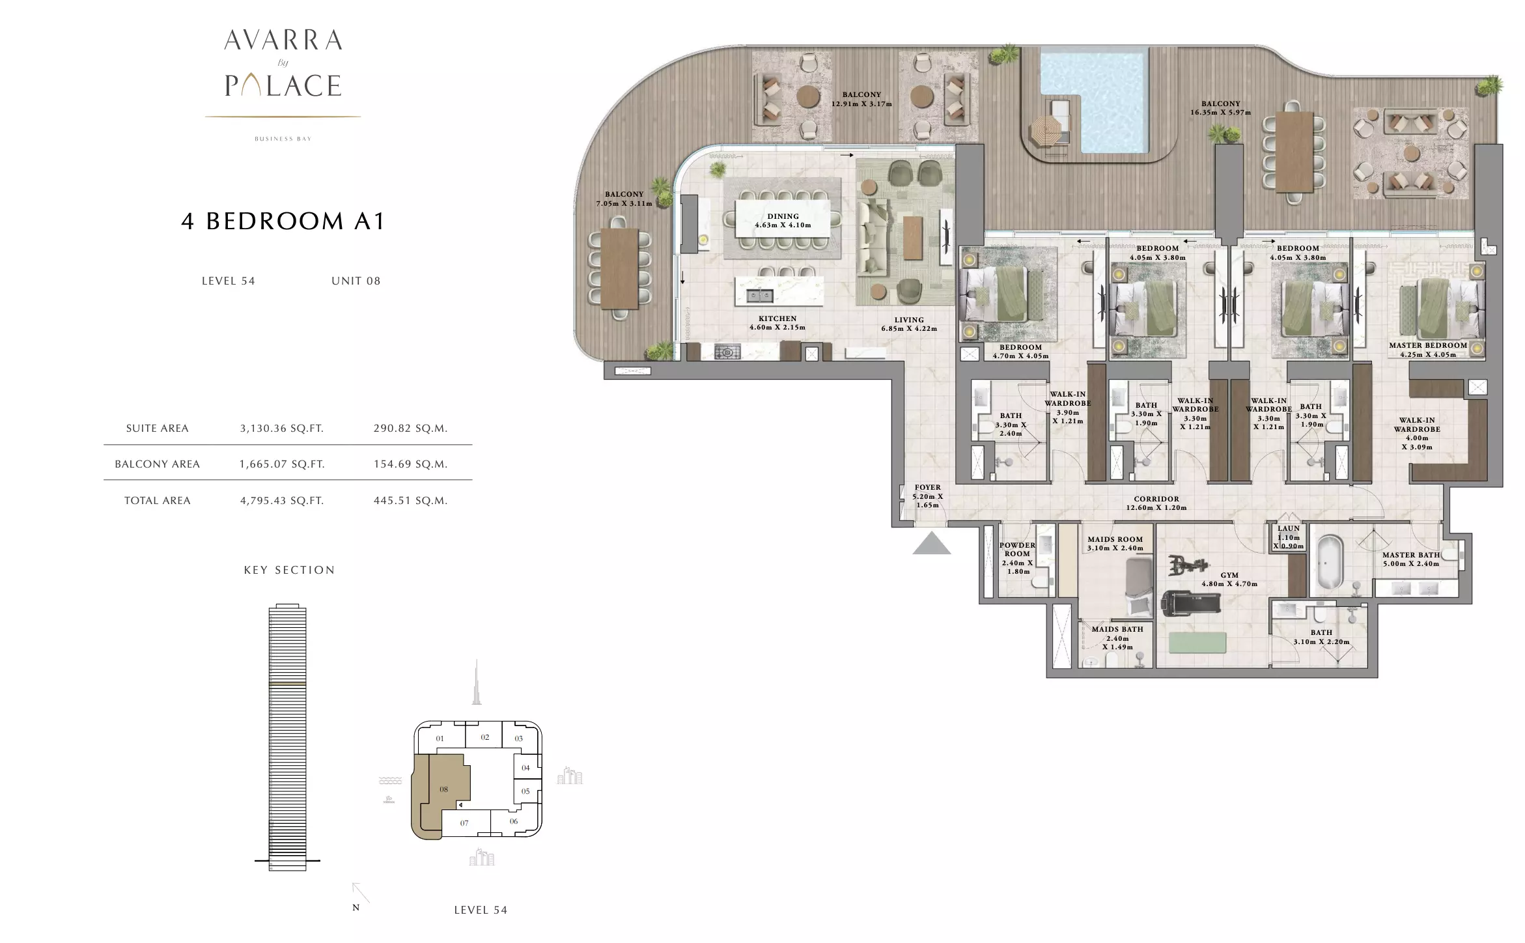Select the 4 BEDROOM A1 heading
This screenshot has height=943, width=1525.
(283, 221)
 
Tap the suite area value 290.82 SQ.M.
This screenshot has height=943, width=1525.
(410, 429)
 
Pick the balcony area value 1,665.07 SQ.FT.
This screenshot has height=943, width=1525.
(282, 464)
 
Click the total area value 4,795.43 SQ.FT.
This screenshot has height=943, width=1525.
(282, 501)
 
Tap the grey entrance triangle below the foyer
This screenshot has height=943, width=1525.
(931, 543)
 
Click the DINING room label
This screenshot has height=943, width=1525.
(783, 216)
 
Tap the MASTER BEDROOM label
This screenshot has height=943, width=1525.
(1428, 346)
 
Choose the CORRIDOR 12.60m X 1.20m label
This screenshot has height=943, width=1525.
(1156, 503)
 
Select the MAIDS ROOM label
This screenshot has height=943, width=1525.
(1115, 539)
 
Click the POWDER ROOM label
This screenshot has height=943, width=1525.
(1017, 550)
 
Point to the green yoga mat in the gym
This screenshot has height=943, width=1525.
(1197, 643)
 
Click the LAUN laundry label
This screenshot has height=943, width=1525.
(1289, 529)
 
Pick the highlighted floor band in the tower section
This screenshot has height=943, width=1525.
(287, 684)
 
